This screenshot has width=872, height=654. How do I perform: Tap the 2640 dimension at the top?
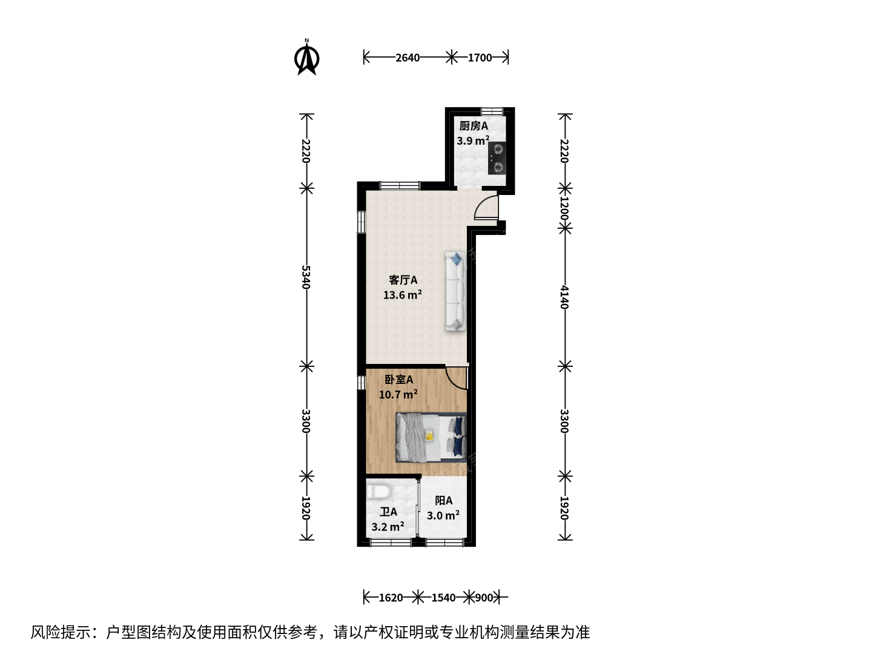(408, 58)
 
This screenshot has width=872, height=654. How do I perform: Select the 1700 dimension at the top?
(480, 58)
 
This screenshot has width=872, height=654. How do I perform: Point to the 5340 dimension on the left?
(305, 277)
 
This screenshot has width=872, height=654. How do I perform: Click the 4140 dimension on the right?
(564, 297)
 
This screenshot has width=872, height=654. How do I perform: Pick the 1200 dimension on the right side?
(564, 209)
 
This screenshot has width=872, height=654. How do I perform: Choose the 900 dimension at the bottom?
(484, 598)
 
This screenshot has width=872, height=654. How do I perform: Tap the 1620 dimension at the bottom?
(391, 598)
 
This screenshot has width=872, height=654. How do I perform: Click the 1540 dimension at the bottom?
(443, 598)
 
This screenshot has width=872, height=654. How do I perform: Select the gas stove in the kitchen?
(497, 158)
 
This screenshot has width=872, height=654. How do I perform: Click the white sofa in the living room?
(455, 291)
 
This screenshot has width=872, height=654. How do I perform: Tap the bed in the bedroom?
(431, 437)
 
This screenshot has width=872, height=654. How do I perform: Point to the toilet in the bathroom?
(378, 492)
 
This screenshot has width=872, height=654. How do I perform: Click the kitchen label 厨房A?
(474, 127)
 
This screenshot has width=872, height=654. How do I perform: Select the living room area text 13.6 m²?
(403, 295)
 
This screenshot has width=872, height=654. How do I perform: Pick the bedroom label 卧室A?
(399, 380)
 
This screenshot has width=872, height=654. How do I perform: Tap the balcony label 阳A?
(443, 501)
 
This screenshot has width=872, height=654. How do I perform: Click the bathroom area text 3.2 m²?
(388, 527)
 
